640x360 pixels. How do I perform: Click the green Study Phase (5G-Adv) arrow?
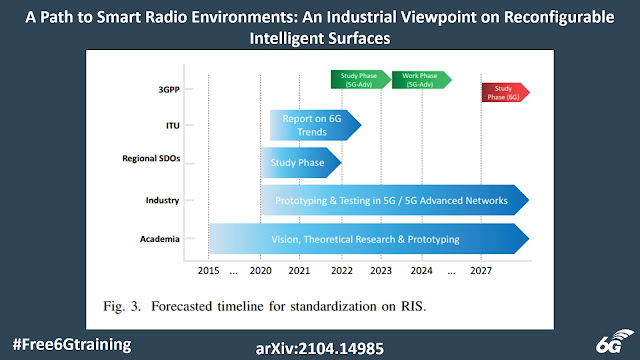click(x=361, y=79)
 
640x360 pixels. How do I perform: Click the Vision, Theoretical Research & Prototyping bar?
click(x=365, y=239)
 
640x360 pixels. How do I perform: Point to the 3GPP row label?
click(x=166, y=88)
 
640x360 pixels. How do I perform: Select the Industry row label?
click(x=162, y=200)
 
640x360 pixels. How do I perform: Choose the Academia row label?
click(x=160, y=239)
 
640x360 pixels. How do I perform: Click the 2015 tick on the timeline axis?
click(x=208, y=271)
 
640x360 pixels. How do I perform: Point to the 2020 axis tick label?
click(x=261, y=271)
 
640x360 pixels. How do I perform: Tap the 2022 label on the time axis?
click(x=341, y=271)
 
